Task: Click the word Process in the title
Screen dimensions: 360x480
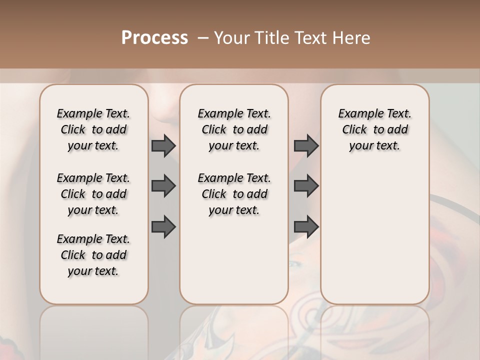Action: (154, 37)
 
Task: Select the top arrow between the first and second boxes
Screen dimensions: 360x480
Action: (163, 145)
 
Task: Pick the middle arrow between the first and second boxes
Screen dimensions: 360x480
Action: (163, 186)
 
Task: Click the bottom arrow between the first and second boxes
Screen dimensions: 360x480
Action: (163, 226)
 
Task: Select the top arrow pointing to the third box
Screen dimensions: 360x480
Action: (306, 145)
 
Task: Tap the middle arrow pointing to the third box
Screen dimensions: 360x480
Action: (306, 186)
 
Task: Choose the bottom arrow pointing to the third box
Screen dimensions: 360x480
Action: (306, 226)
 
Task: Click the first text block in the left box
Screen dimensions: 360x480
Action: (93, 129)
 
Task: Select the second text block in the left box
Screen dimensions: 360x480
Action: (93, 194)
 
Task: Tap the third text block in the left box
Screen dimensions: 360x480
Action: (93, 255)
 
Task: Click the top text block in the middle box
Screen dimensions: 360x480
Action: (234, 129)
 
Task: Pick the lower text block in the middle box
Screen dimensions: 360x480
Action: (234, 194)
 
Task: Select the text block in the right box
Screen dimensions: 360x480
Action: (374, 129)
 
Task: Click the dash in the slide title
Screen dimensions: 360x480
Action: (203, 37)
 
